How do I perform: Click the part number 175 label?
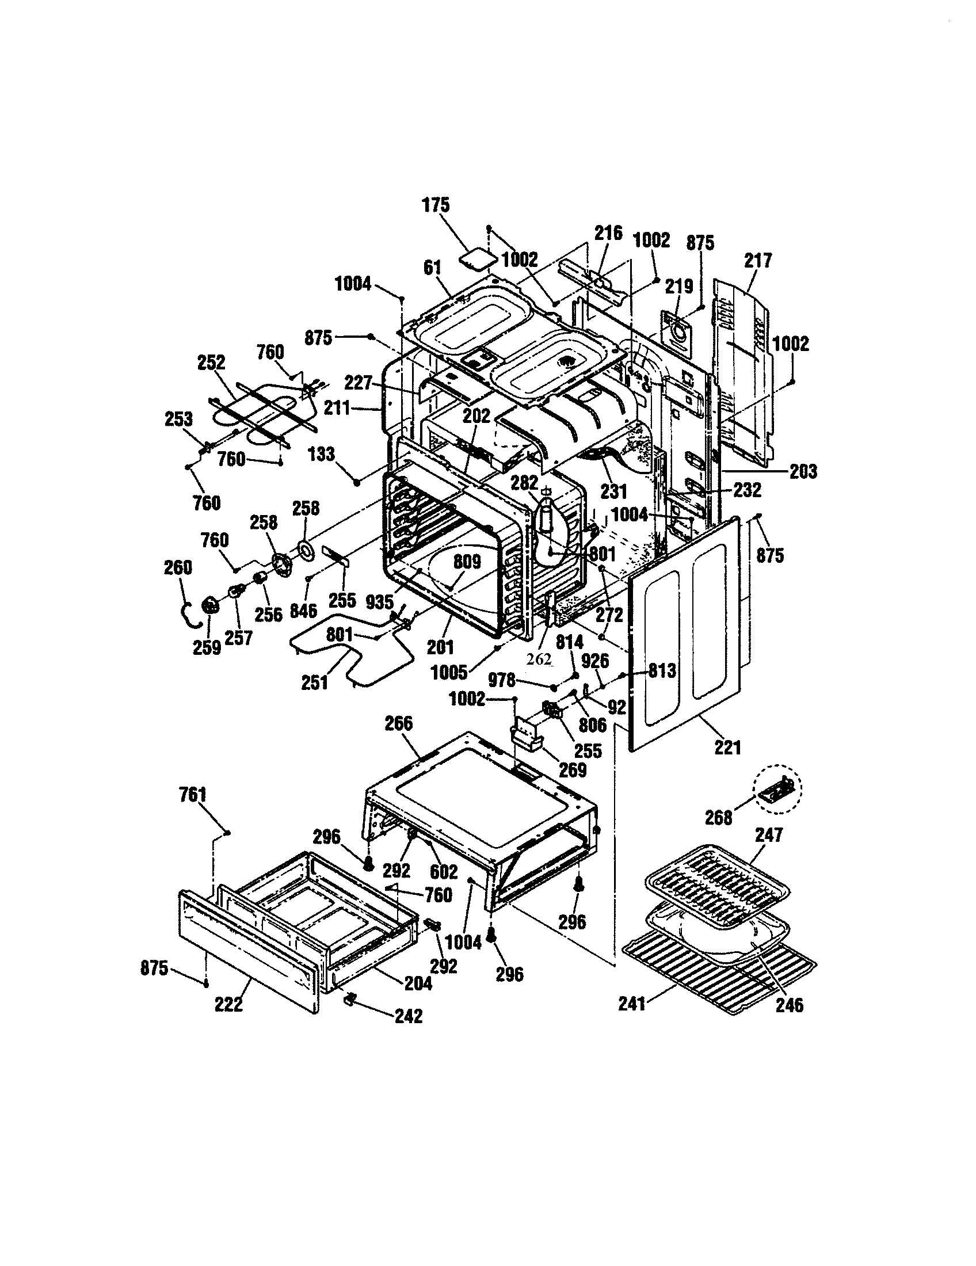pyautogui.click(x=436, y=205)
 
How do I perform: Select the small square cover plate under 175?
pyautogui.click(x=479, y=259)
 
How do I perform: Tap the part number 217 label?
pyautogui.click(x=758, y=260)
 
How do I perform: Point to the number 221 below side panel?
pyautogui.click(x=727, y=748)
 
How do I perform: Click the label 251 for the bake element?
pyautogui.click(x=315, y=683)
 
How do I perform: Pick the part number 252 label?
pyautogui.click(x=211, y=363)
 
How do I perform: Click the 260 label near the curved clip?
pyautogui.click(x=177, y=567)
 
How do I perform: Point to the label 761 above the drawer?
pyautogui.click(x=192, y=794)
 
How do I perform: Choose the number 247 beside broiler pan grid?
pyautogui.click(x=768, y=835)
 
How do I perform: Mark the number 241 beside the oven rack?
pyautogui.click(x=632, y=1004)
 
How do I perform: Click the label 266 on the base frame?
pyautogui.click(x=399, y=723)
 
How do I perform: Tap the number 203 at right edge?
pyautogui.click(x=803, y=471)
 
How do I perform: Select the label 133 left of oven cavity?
pyautogui.click(x=322, y=454)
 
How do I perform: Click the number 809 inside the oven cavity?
pyautogui.click(x=467, y=562)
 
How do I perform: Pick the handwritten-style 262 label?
pyautogui.click(x=539, y=659)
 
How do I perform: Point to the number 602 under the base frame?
pyautogui.click(x=443, y=871)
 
